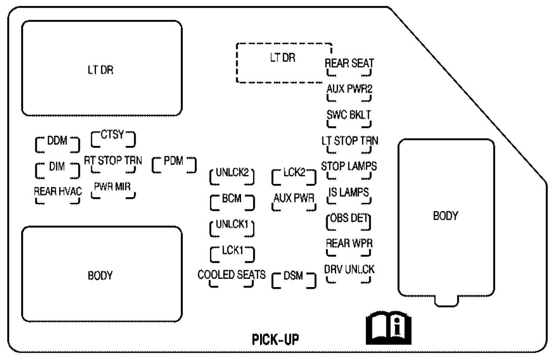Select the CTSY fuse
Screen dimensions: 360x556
pyautogui.click(x=113, y=138)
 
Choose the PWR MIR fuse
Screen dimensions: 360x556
pyautogui.click(x=113, y=190)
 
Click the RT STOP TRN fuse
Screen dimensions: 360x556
pyautogui.click(x=113, y=164)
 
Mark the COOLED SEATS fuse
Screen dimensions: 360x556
pyautogui.click(x=232, y=278)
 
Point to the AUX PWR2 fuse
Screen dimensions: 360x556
pyautogui.click(x=349, y=92)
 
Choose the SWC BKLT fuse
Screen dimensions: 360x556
pyautogui.click(x=349, y=118)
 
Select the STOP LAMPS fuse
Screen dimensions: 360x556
pyautogui.click(x=349, y=170)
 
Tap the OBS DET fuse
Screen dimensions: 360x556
pyautogui.click(x=349, y=221)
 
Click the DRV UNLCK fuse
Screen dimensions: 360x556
pyautogui.click(x=349, y=273)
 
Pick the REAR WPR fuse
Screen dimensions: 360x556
pyautogui.click(x=349, y=247)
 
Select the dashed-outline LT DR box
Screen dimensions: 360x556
pyautogui.click(x=283, y=63)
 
